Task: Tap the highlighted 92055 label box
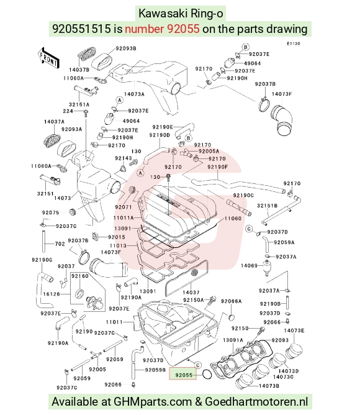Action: (182, 373)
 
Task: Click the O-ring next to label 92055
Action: (207, 374)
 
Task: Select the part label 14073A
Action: (134, 94)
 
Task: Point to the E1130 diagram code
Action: (294, 43)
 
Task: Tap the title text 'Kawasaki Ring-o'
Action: (181, 13)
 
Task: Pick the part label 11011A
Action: (124, 218)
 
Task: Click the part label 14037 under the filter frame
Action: (191, 292)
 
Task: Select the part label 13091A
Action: (233, 340)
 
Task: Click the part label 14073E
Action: (294, 331)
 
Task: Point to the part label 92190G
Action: (42, 260)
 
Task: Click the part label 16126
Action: (52, 294)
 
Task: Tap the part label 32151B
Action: (267, 206)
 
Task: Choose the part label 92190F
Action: (217, 167)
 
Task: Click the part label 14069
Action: (249, 265)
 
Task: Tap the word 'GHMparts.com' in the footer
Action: (153, 402)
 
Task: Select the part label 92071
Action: (124, 207)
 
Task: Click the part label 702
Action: (60, 244)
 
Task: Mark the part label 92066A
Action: (231, 301)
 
